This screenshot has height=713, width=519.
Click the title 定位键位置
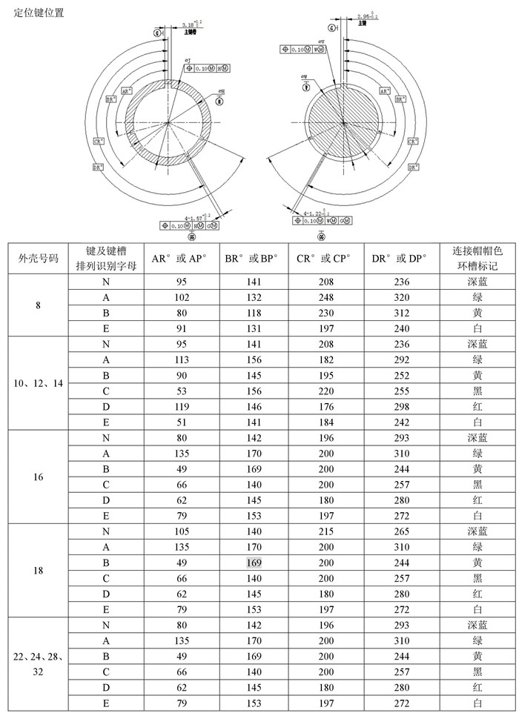[39, 13]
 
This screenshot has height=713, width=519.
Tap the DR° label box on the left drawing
[99, 168]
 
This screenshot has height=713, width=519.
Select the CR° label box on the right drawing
[412, 139]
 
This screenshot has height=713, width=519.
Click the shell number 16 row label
[38, 477]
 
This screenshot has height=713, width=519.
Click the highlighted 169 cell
[254, 563]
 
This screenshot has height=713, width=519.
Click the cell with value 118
[254, 313]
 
